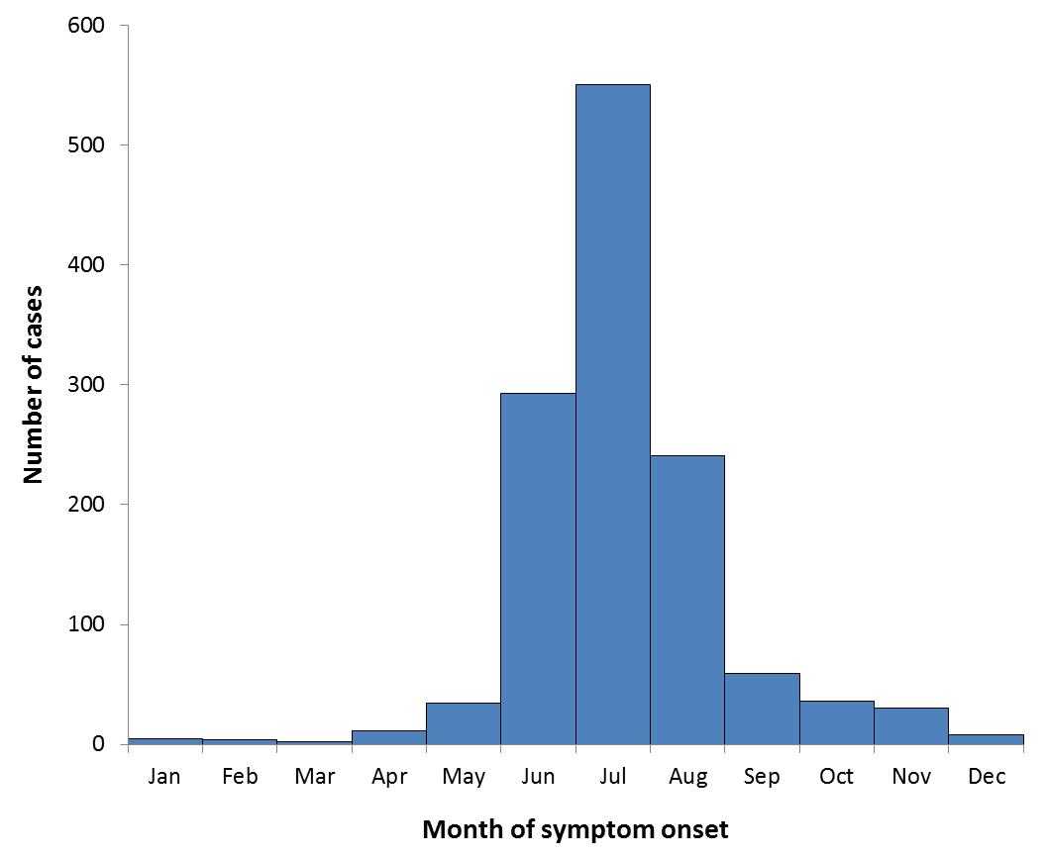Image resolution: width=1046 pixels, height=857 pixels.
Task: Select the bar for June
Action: (x=538, y=568)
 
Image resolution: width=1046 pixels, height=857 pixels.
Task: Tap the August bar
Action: (x=687, y=599)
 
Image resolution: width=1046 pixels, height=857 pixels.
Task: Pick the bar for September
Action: (x=762, y=709)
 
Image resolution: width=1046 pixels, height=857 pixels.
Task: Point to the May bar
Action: (x=464, y=722)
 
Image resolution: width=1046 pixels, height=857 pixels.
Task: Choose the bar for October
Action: (x=837, y=721)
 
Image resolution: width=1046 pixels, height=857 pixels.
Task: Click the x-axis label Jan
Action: (x=164, y=777)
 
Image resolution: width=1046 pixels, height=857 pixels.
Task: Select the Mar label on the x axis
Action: (x=314, y=777)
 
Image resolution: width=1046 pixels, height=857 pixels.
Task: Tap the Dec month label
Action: (x=987, y=777)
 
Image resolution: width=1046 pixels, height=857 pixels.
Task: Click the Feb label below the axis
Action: (x=240, y=777)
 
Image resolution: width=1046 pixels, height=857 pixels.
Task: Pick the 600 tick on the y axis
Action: (x=86, y=26)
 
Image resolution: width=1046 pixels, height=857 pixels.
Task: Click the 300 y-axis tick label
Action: (x=86, y=385)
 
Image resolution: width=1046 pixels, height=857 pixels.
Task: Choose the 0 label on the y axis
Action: (x=99, y=744)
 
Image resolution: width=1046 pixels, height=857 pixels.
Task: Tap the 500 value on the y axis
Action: (x=86, y=145)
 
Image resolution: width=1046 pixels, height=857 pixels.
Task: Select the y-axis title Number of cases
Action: (x=34, y=385)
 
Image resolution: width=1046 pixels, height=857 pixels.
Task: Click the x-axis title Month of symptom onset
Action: (x=575, y=829)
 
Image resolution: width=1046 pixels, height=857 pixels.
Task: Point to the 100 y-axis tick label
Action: (x=86, y=624)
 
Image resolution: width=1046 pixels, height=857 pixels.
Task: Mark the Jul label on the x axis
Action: (x=612, y=777)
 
